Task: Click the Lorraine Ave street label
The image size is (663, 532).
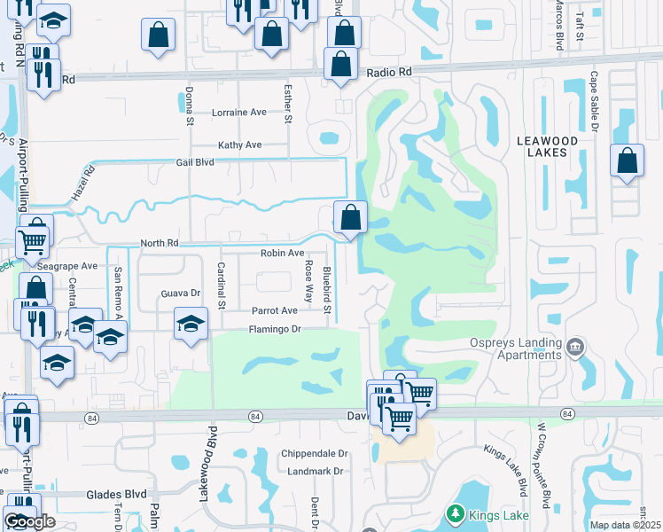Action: coord(239,113)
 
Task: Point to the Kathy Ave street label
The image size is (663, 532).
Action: coord(240,145)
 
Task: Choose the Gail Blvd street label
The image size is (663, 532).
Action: coord(196,162)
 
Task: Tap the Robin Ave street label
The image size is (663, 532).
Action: coord(283,253)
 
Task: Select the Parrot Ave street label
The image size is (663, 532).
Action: coord(275,311)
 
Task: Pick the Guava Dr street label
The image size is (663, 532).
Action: coord(181,293)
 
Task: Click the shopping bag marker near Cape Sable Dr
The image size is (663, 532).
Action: coord(627,161)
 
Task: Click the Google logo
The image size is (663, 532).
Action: coord(29,522)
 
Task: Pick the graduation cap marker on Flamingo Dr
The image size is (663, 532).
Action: coord(191,324)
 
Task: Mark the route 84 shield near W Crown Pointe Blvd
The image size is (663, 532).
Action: coord(566,413)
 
